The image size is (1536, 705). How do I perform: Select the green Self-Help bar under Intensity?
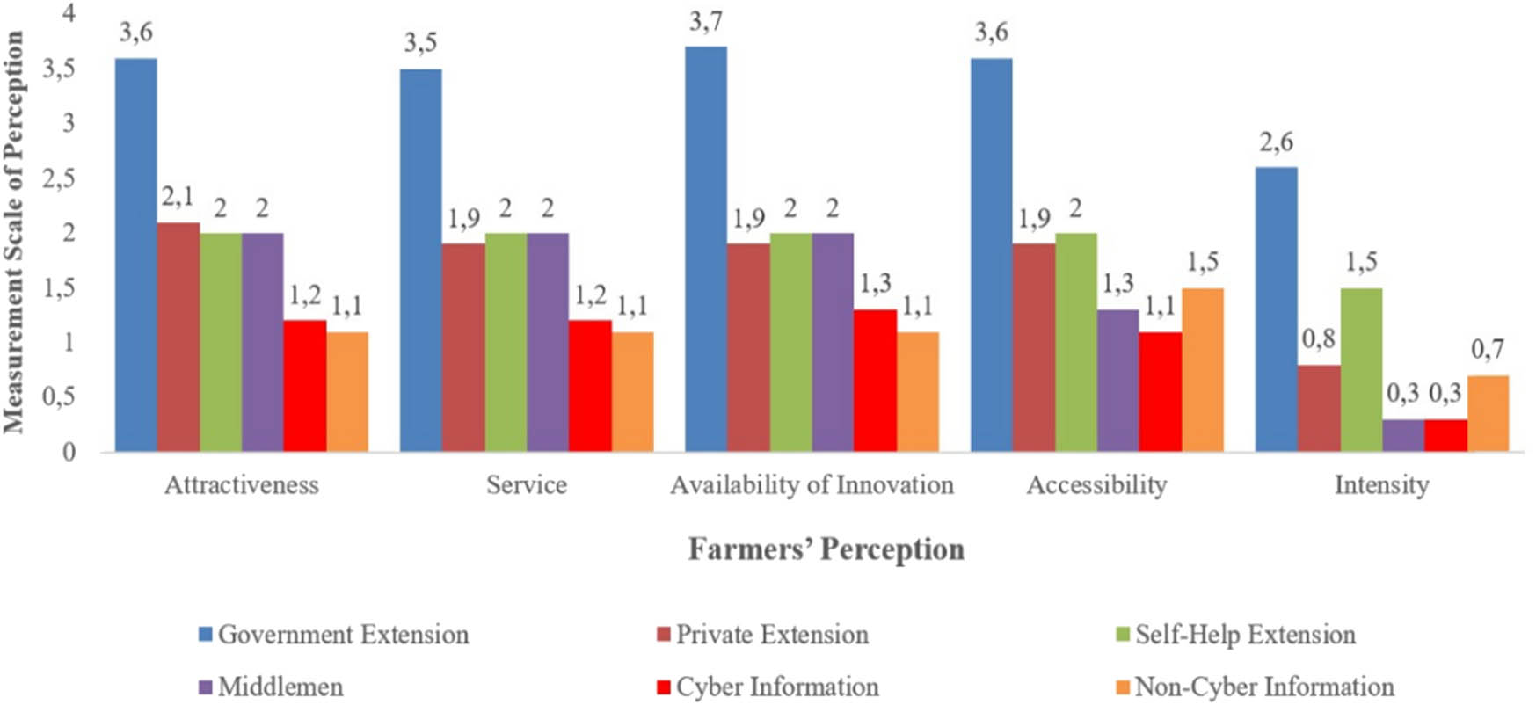[1361, 370]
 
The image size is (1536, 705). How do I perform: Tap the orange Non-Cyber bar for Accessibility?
[1203, 370]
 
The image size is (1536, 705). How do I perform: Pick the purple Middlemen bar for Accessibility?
[1117, 381]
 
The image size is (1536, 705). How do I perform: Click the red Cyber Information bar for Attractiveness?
[305, 387]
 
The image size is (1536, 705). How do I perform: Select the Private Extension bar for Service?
[463, 348]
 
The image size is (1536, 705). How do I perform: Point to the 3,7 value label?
[705, 21]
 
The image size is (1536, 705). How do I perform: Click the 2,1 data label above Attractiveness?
[178, 197]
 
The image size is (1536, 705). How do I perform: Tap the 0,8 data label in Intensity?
[1318, 338]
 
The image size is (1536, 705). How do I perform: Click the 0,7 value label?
[1488, 350]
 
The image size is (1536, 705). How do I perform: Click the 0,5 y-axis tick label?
[59, 397]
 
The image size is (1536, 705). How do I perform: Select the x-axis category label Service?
[527, 485]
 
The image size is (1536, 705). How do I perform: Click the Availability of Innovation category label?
[812, 485]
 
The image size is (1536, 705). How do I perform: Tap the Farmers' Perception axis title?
[826, 549]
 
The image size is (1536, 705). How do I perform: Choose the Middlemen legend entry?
[280, 687]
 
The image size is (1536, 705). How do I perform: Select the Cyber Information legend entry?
[776, 687]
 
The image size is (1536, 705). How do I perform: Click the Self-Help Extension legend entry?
[1244, 635]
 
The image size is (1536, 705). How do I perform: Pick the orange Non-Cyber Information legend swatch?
[1123, 687]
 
